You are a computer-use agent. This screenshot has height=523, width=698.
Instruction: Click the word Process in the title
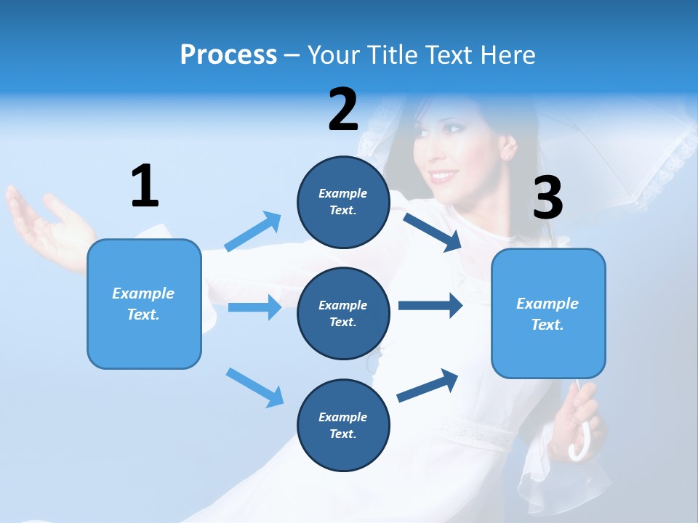tap(228, 55)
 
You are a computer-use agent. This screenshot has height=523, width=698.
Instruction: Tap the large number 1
tap(145, 186)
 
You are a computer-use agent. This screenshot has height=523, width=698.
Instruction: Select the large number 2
tap(343, 110)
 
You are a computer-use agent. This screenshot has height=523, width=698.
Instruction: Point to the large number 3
tap(548, 198)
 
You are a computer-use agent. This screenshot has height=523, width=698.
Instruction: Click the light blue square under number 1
tap(144, 304)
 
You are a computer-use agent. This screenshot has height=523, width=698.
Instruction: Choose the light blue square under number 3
tap(548, 314)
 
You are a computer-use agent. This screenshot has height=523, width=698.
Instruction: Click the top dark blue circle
tap(343, 202)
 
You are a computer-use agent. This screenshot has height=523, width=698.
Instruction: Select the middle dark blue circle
tap(343, 314)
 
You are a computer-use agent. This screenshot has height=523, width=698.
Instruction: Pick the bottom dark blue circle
tap(343, 426)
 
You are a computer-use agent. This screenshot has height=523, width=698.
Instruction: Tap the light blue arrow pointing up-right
tap(253, 232)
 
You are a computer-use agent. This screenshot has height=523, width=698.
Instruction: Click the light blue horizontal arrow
tap(254, 307)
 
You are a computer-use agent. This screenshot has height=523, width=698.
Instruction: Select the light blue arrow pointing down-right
tap(254, 387)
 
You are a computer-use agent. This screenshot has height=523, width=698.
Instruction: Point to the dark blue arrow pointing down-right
tap(433, 232)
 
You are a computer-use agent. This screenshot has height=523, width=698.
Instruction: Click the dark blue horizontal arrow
tap(430, 306)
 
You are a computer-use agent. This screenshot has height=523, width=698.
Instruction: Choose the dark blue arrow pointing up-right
tap(428, 384)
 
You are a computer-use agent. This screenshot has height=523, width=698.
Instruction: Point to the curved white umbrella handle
tap(582, 445)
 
